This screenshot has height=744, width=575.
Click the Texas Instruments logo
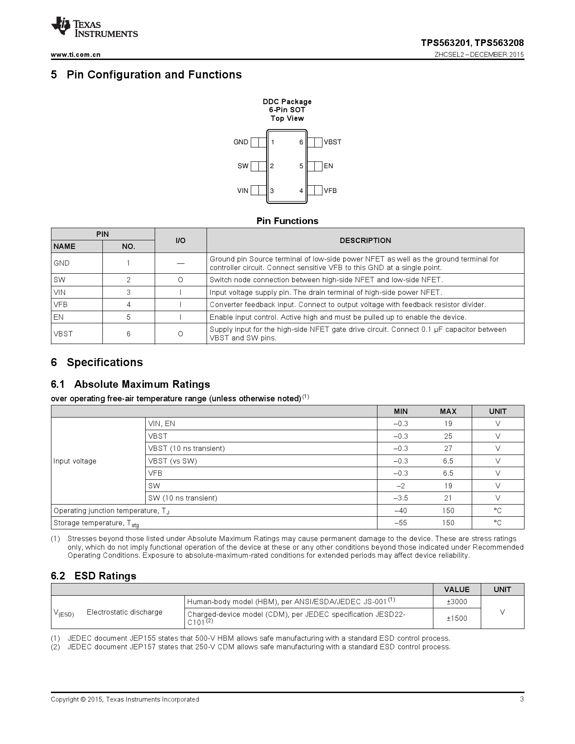(x=94, y=28)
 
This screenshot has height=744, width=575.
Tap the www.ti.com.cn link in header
(x=75, y=55)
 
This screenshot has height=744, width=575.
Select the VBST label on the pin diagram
(x=332, y=142)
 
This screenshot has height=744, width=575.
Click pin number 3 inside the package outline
(x=272, y=191)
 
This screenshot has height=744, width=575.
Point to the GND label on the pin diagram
(x=240, y=142)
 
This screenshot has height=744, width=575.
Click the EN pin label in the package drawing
(x=328, y=166)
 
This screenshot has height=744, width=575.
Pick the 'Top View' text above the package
(x=287, y=119)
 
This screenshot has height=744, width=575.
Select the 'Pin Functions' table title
(x=287, y=221)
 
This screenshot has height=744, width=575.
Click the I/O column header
(x=180, y=240)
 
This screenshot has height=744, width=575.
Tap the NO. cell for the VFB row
(x=129, y=305)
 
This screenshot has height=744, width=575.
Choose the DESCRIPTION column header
(x=365, y=240)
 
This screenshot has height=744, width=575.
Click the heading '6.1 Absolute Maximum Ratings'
(x=130, y=384)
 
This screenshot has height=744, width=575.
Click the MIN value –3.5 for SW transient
(x=400, y=498)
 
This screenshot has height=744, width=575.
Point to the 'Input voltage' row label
(x=75, y=461)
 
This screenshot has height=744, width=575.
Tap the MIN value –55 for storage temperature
(x=400, y=523)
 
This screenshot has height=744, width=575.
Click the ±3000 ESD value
(x=456, y=602)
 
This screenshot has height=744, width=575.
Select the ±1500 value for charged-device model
(x=456, y=618)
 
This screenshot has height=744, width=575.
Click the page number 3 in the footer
(x=522, y=699)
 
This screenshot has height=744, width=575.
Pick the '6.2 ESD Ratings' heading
(x=93, y=576)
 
